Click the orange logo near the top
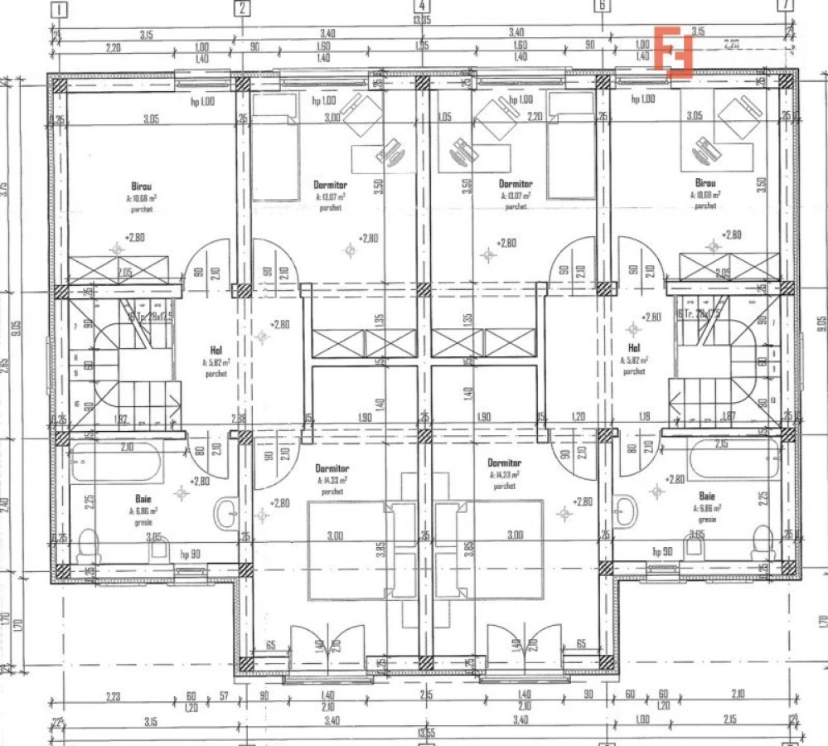[x=673, y=51]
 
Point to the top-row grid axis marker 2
[x=241, y=8]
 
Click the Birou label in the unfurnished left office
[x=140, y=186]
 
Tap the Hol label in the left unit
[x=215, y=349]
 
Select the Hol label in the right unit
[x=634, y=348]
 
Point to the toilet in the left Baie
[x=87, y=545]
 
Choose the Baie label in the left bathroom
[x=143, y=499]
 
